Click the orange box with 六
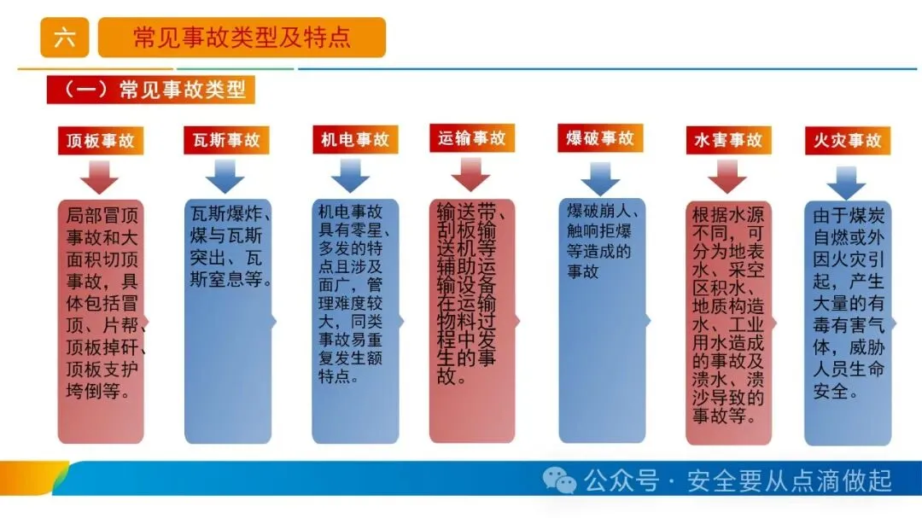[x=64, y=38]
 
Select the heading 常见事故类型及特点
[x=242, y=38]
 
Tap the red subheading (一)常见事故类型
[x=151, y=90]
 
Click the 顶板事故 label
[x=101, y=141]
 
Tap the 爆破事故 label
[x=600, y=138]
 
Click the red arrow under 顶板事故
[x=100, y=177]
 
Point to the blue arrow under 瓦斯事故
[x=225, y=177]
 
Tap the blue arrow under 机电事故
[x=351, y=177]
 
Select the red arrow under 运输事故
[x=471, y=175]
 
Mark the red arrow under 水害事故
[x=727, y=177]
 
